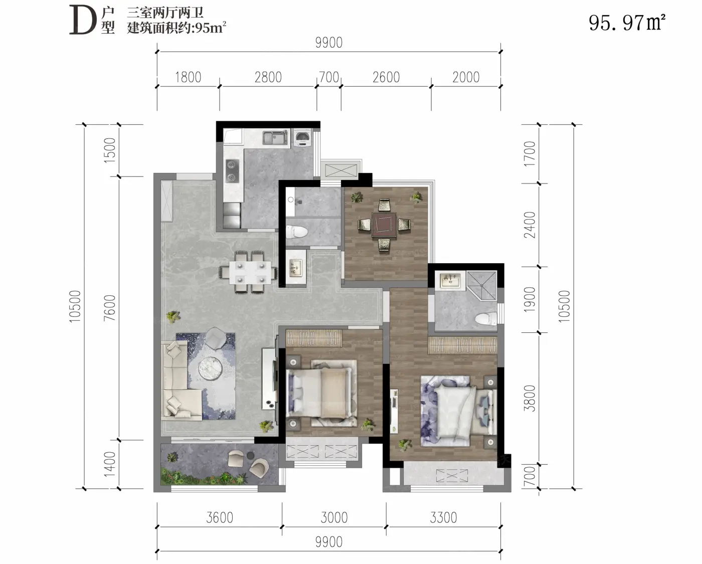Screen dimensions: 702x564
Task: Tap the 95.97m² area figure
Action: (627, 23)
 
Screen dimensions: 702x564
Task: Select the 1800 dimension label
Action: (188, 78)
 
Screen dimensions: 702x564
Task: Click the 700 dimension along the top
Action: (329, 78)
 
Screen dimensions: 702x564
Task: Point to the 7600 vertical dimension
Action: (110, 308)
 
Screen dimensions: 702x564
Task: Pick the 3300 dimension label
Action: (443, 518)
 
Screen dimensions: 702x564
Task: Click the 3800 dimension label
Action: (530, 398)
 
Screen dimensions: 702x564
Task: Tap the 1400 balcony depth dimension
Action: (110, 464)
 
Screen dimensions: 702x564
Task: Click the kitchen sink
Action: (276, 138)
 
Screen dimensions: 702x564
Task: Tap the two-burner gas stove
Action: (232, 171)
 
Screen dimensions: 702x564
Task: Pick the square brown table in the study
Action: (384, 224)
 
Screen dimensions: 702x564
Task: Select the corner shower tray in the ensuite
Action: (481, 285)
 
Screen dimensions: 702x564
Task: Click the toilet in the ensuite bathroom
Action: (486, 318)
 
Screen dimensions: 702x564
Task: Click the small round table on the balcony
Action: (251, 455)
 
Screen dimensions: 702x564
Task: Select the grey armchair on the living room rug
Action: (216, 337)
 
